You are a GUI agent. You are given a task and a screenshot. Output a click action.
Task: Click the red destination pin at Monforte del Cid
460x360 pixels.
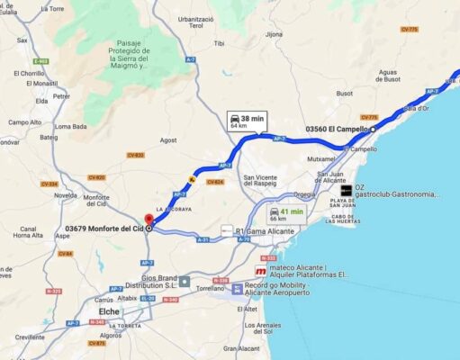[x=149, y=220]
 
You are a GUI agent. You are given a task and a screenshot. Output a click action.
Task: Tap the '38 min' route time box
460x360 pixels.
[x=246, y=121]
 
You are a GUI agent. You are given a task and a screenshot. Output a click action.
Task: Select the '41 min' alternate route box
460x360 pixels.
[x=285, y=214]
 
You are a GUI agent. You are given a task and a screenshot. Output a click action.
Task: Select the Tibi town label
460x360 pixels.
[x=219, y=43]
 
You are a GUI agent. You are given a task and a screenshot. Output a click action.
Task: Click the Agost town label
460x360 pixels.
[x=168, y=140]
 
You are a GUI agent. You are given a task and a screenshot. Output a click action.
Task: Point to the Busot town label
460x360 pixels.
[x=344, y=93]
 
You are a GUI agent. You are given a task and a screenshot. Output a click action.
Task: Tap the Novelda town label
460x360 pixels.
[x=65, y=194]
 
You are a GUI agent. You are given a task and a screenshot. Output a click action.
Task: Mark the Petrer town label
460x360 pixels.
[x=61, y=96]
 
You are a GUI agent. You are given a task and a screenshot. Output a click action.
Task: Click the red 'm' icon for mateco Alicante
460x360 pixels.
[x=260, y=271]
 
